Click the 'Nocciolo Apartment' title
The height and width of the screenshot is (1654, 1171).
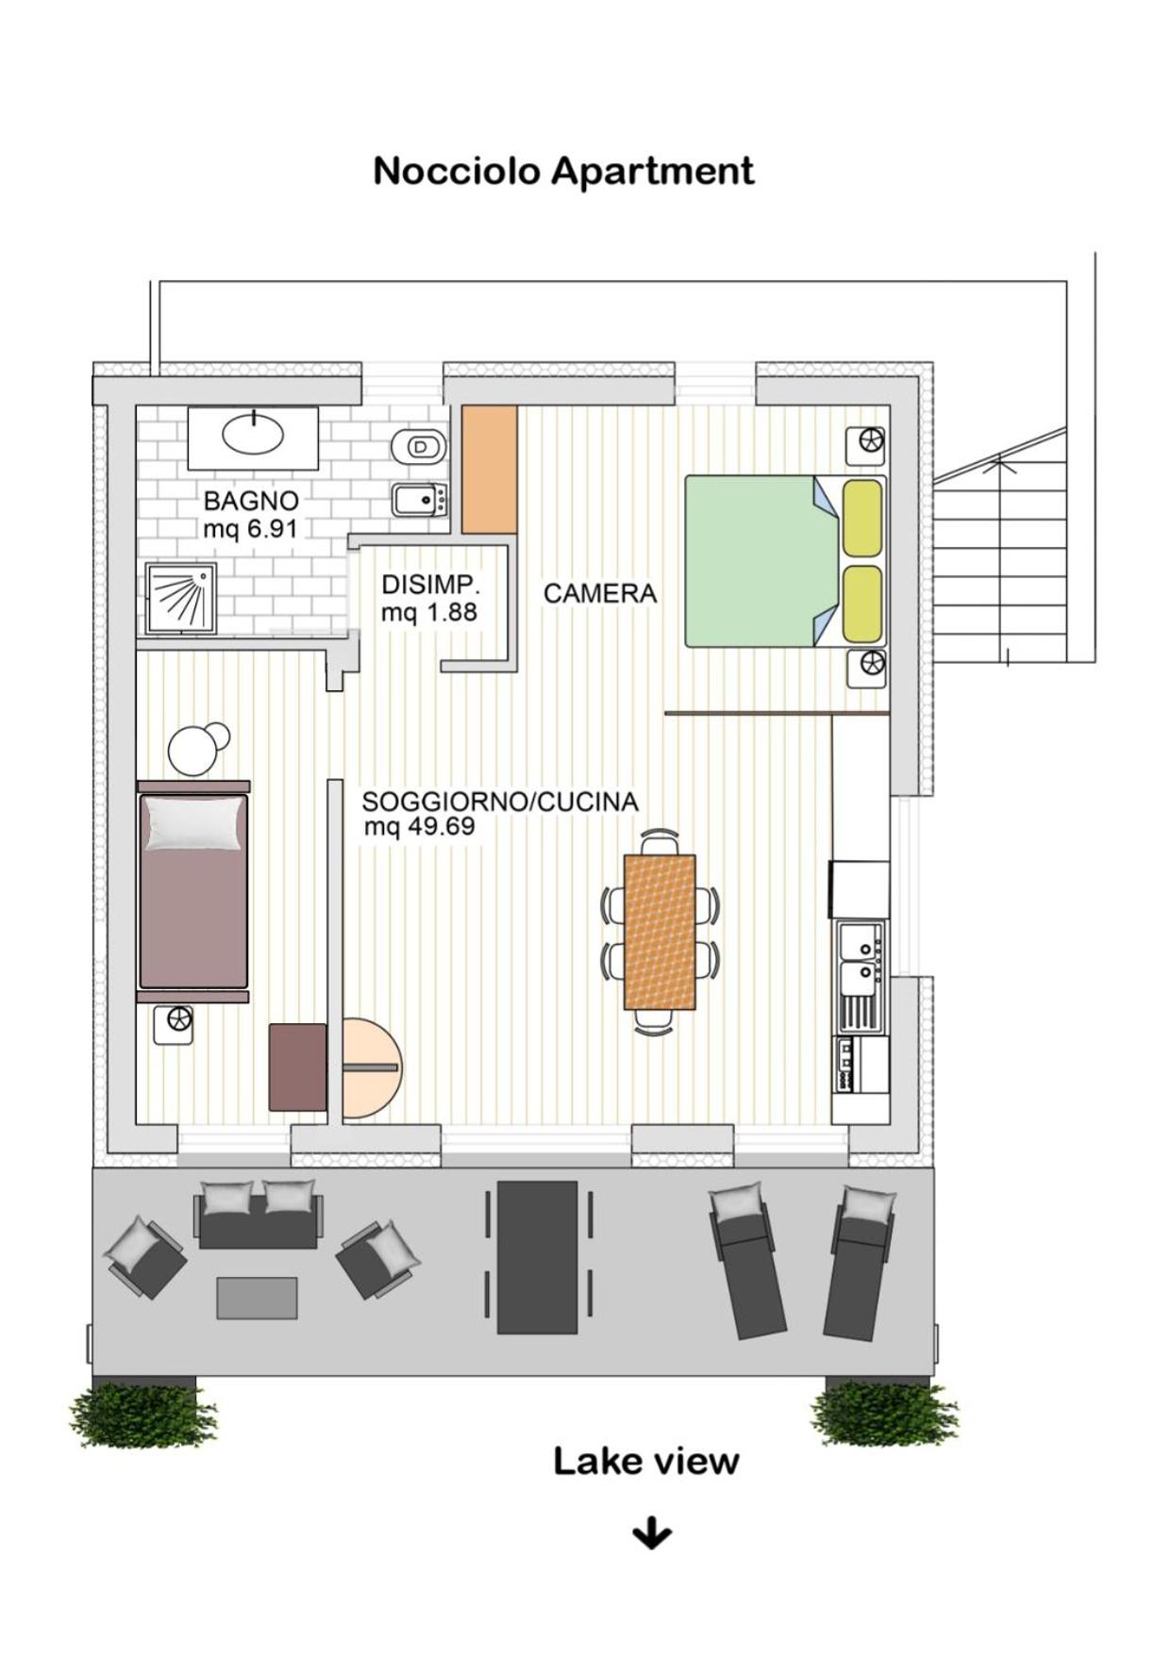click(x=563, y=172)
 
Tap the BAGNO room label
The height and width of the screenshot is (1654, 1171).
click(x=251, y=501)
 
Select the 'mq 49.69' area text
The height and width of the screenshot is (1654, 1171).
click(x=419, y=827)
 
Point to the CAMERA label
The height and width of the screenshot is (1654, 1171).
click(x=600, y=593)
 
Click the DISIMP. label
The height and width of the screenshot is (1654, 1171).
click(x=430, y=585)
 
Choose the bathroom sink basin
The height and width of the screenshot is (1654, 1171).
click(x=253, y=434)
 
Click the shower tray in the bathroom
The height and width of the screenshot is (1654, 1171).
click(x=181, y=599)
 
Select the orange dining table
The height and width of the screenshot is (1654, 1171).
click(x=661, y=932)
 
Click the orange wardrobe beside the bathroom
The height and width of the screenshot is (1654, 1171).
click(x=489, y=470)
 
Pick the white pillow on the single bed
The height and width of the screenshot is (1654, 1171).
click(x=194, y=823)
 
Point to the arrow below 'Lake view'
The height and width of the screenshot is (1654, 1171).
click(x=652, y=1533)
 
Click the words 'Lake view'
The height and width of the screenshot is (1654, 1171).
click(x=645, y=1461)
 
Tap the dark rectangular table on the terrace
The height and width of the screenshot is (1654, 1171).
click(x=537, y=1257)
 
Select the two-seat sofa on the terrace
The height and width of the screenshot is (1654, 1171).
click(x=259, y=1215)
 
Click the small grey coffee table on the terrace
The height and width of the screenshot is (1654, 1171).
click(x=257, y=1298)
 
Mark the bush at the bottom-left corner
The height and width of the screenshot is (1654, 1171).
click(x=143, y=1414)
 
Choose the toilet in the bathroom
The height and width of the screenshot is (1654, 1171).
click(x=418, y=445)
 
